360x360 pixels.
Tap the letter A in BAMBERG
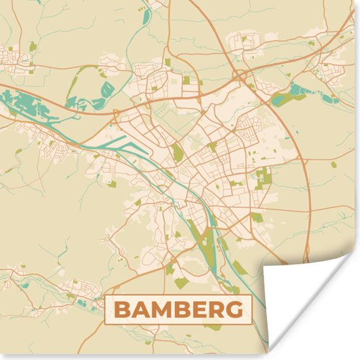coord(139,310)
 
